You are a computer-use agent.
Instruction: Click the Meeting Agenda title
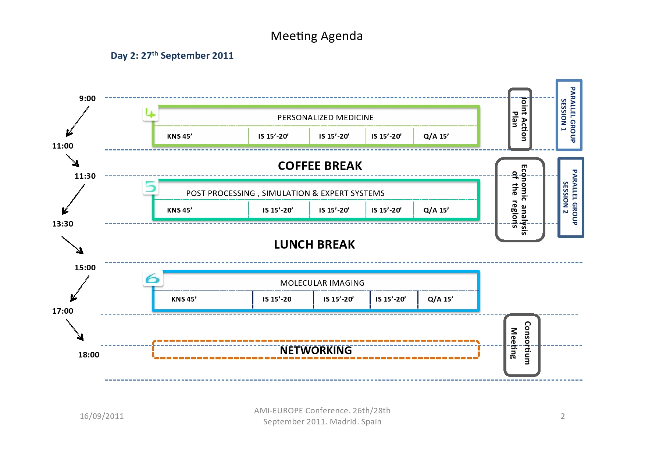click(317, 36)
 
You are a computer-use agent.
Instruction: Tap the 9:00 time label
click(88, 99)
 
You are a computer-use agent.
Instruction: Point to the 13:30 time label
click(63, 224)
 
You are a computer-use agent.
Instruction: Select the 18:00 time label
click(89, 355)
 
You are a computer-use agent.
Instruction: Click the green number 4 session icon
click(151, 113)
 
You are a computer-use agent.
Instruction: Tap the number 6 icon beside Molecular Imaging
click(153, 278)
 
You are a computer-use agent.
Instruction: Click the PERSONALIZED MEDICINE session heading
click(325, 118)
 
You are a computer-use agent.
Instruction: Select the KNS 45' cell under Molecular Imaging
click(184, 299)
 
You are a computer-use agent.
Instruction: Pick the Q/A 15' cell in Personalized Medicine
click(436, 136)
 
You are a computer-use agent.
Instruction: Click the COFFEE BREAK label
click(320, 166)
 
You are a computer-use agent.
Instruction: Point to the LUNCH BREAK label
click(314, 245)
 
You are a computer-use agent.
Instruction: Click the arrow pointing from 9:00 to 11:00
click(78, 121)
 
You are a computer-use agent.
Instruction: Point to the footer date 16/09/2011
click(102, 416)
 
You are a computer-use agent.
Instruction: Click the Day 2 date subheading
click(172, 56)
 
